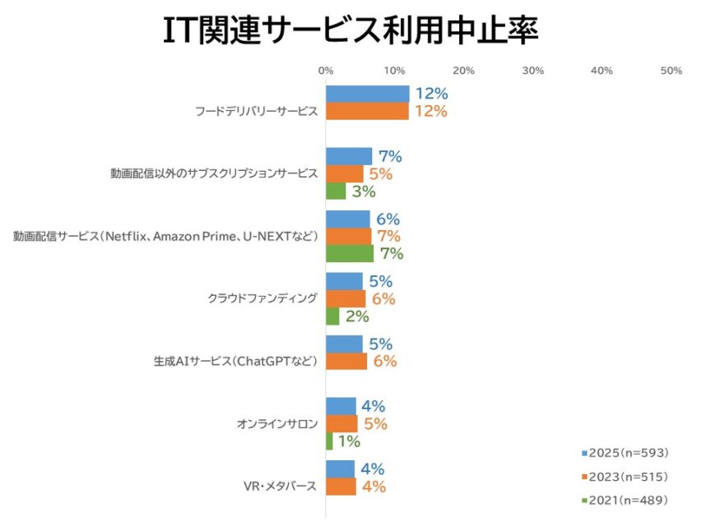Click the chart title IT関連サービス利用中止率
[x=351, y=32]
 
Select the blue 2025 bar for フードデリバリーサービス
[x=367, y=94]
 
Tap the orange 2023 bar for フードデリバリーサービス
[x=367, y=111]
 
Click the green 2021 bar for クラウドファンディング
[x=332, y=316]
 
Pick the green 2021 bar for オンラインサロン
[x=329, y=441]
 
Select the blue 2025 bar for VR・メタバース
[x=340, y=469]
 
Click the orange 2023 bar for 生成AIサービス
[x=346, y=361]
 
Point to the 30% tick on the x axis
[x=533, y=71]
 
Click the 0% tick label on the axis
[x=326, y=71]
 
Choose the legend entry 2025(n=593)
[x=625, y=453]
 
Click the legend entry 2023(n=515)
[x=625, y=477]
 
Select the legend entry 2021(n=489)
[x=625, y=500]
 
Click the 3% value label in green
[x=363, y=191]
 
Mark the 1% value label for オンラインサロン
[x=350, y=441]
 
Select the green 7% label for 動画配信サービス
[x=391, y=254]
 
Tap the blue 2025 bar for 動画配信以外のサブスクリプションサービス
[x=349, y=156]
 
